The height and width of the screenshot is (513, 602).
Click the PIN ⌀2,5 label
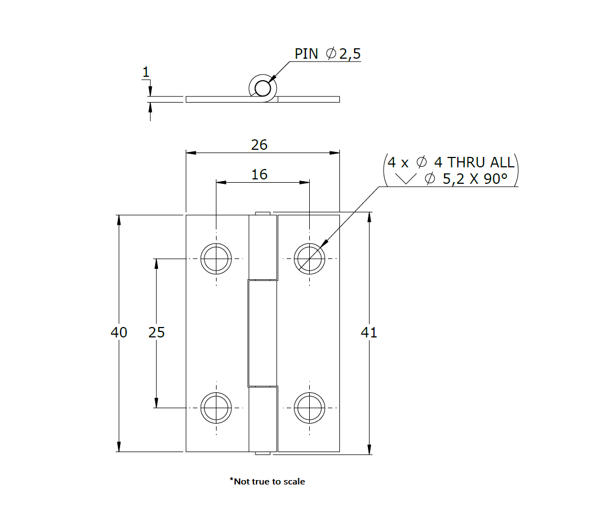point(327,54)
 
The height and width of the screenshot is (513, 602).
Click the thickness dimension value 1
point(146,72)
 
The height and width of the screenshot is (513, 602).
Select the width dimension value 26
point(259,144)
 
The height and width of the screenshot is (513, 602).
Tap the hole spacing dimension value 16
point(259,174)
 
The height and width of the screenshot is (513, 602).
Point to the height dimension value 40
point(119,332)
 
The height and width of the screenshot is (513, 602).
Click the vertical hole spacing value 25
point(157,332)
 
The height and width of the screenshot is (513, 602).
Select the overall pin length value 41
point(369,332)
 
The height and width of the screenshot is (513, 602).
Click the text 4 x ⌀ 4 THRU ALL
point(451,162)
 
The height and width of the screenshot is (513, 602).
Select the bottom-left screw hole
point(216,408)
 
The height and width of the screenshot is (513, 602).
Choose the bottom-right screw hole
point(309,408)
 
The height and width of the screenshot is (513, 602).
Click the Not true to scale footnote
point(267,481)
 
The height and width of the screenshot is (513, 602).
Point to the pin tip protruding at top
point(263,213)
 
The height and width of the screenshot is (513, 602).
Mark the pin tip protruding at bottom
point(263,453)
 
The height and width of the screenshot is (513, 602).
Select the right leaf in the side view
point(309,99)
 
